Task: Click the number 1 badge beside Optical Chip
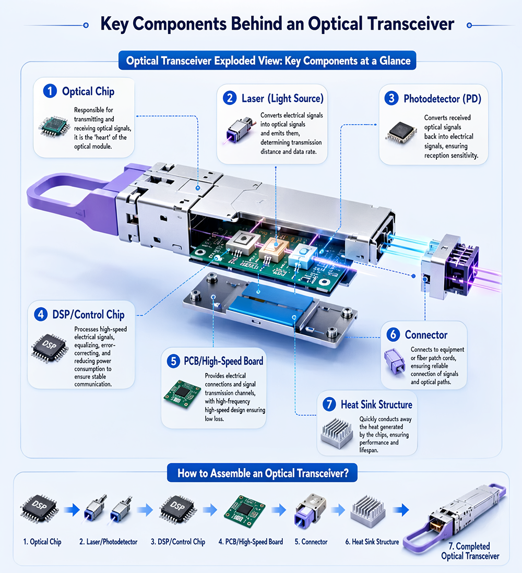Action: pyautogui.click(x=50, y=91)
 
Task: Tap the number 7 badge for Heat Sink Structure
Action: pyautogui.click(x=329, y=404)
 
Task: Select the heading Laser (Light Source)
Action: pyautogui.click(x=282, y=98)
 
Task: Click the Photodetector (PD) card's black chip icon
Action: pyautogui.click(x=401, y=132)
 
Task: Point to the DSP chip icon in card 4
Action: pyautogui.click(x=50, y=348)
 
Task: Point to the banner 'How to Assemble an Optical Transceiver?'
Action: pyautogui.click(x=263, y=473)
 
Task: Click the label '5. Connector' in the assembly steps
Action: pyautogui.click(x=311, y=542)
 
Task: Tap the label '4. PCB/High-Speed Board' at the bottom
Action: pyautogui.click(x=251, y=542)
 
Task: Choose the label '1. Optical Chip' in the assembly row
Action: pyautogui.click(x=42, y=542)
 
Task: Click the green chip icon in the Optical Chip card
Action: pyautogui.click(x=55, y=127)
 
